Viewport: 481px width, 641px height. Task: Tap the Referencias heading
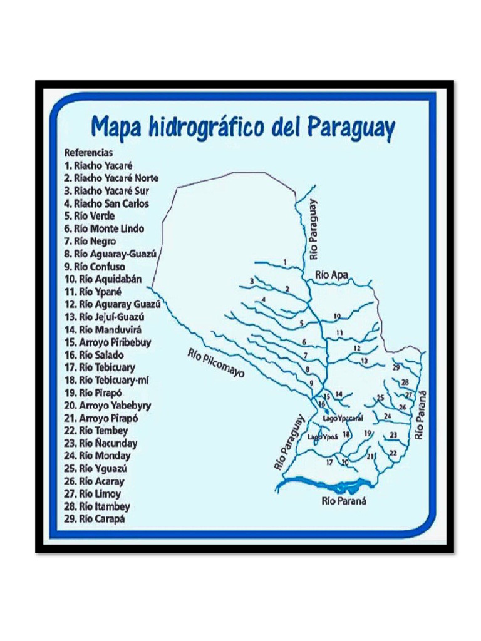click(88, 152)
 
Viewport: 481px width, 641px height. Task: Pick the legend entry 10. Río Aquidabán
click(103, 279)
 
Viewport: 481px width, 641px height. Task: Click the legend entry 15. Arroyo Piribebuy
click(107, 342)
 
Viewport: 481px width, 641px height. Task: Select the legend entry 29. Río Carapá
click(93, 519)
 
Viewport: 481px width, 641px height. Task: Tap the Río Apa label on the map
click(331, 274)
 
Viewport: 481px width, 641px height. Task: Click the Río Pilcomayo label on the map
click(215, 363)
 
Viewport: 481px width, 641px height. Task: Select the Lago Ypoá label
click(323, 437)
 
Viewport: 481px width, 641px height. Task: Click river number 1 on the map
click(284, 262)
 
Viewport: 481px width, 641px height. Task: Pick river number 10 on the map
click(337, 316)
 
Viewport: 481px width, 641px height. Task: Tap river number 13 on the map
click(364, 361)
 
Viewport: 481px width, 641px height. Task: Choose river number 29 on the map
click(396, 368)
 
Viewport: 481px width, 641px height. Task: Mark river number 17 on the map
click(329, 463)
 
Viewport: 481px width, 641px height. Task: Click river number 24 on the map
click(388, 416)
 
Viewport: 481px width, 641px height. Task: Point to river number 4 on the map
click(264, 300)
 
